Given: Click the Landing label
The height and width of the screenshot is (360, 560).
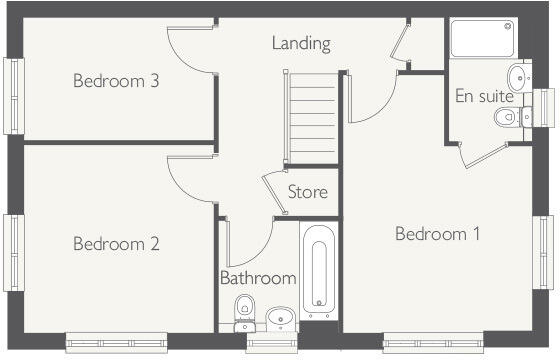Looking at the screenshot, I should click(301, 44).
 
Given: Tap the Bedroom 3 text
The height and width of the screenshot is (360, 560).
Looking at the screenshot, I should click(116, 81).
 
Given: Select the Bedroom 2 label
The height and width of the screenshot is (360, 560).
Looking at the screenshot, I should click(116, 243).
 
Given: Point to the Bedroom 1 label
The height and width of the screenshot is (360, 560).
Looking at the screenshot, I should click(438, 234).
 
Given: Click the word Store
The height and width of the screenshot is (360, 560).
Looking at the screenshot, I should click(307, 192).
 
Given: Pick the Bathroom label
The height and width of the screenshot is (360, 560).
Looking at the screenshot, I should click(258, 278).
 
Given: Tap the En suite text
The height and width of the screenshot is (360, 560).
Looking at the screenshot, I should click(484, 97).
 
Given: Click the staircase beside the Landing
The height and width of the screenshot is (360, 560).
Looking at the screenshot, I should click(312, 118).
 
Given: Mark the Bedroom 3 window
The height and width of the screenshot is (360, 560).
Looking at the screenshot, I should click(13, 95).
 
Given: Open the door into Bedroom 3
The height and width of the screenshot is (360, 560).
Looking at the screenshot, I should click(192, 50).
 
